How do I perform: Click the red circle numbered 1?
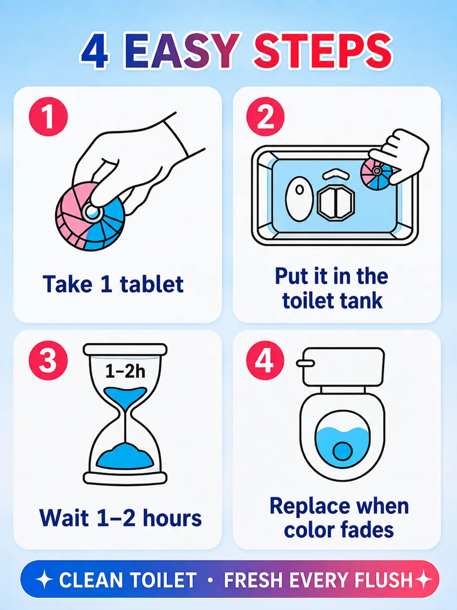[x=48, y=116]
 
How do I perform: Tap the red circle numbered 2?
[x=265, y=116]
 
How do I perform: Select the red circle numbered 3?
[x=48, y=360]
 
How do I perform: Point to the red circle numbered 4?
[x=265, y=360]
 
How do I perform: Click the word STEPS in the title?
[x=323, y=52]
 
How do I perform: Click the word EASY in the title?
[x=182, y=52]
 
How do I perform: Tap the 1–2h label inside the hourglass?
[x=125, y=371]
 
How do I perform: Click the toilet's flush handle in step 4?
[x=305, y=363]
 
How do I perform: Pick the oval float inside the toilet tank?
[x=299, y=199]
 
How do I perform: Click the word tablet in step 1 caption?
[x=151, y=284]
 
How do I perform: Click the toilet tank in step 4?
[x=343, y=367]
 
